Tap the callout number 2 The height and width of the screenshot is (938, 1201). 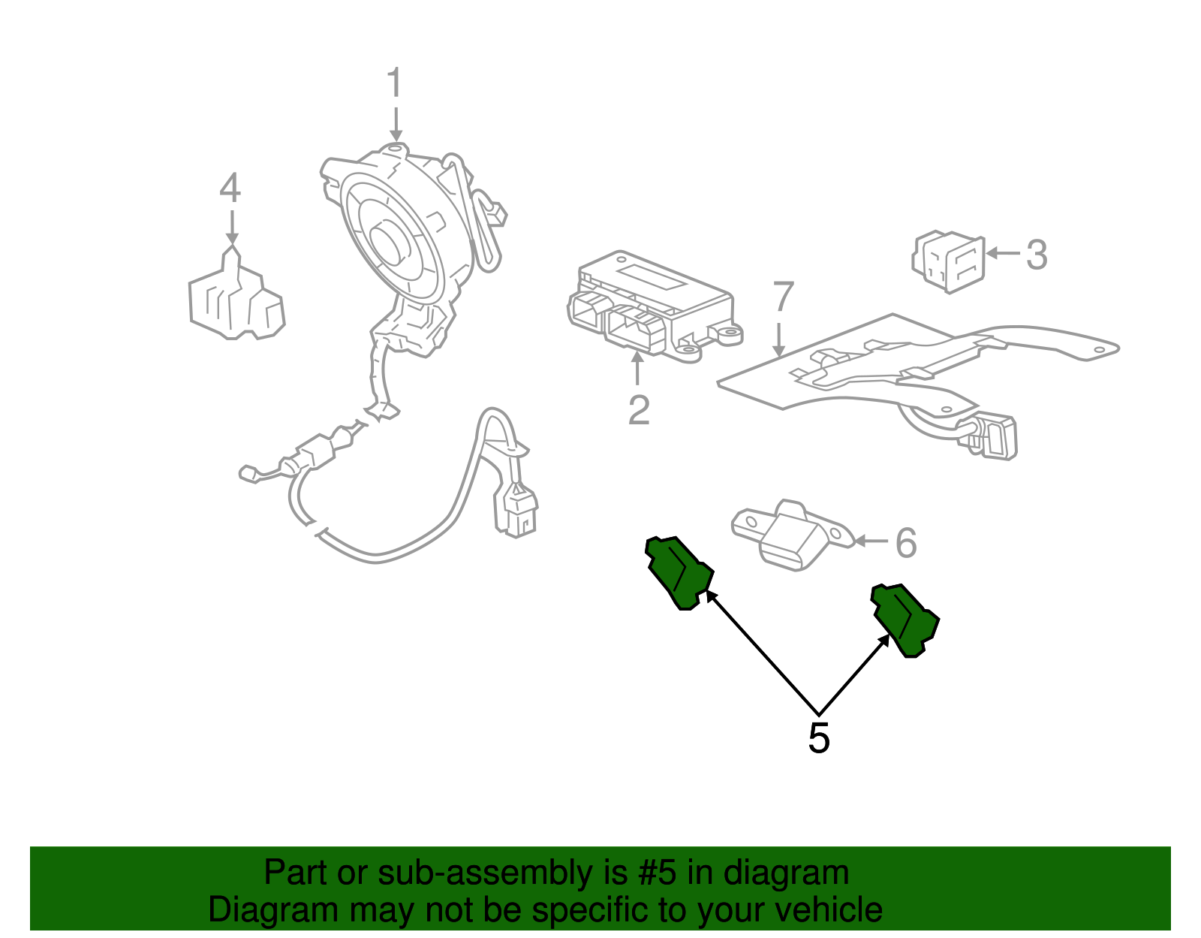point(638,410)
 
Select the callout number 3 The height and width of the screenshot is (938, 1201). point(1037,255)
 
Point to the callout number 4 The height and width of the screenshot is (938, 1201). point(230,189)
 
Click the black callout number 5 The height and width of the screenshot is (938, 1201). point(819,738)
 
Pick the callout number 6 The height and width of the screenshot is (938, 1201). point(907,542)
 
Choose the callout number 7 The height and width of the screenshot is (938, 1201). point(783,297)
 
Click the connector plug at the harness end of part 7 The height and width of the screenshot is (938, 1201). point(995,438)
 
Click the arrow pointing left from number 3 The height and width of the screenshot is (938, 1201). point(1002,253)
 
